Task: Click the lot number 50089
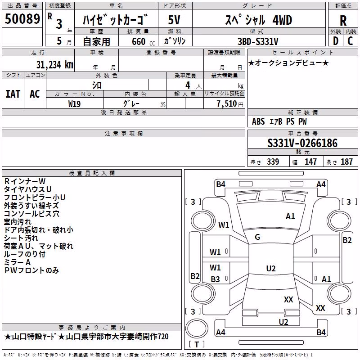(22, 19)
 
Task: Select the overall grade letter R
(343, 21)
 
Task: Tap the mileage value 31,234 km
(54, 65)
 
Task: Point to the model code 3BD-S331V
(258, 41)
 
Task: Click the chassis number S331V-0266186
(302, 143)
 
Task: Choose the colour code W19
(74, 104)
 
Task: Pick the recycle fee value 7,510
(227, 104)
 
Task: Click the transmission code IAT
(13, 94)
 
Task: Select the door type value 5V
(174, 20)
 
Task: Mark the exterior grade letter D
(336, 41)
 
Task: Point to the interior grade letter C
(350, 41)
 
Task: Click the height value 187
(346, 162)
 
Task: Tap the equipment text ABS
(258, 121)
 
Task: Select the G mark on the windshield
(257, 237)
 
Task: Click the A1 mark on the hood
(290, 216)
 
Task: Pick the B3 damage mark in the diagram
(216, 279)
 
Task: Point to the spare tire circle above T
(197, 328)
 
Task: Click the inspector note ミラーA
(17, 262)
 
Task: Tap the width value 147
(310, 162)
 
